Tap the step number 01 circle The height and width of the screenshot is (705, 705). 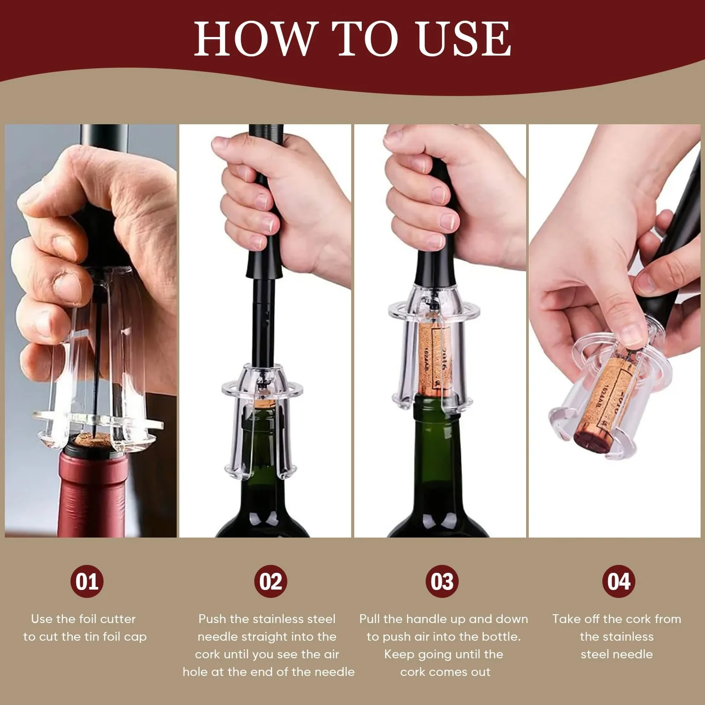pyautogui.click(x=87, y=581)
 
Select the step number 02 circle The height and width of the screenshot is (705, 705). pyautogui.click(x=271, y=581)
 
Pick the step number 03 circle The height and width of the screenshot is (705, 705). pyautogui.click(x=442, y=581)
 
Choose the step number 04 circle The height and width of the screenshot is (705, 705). pyautogui.click(x=619, y=581)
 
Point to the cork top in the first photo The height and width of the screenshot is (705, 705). pyautogui.click(x=92, y=440)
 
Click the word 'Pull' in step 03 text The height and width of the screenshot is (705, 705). pyautogui.click(x=369, y=619)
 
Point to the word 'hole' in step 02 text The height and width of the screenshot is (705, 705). pyautogui.click(x=194, y=672)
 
